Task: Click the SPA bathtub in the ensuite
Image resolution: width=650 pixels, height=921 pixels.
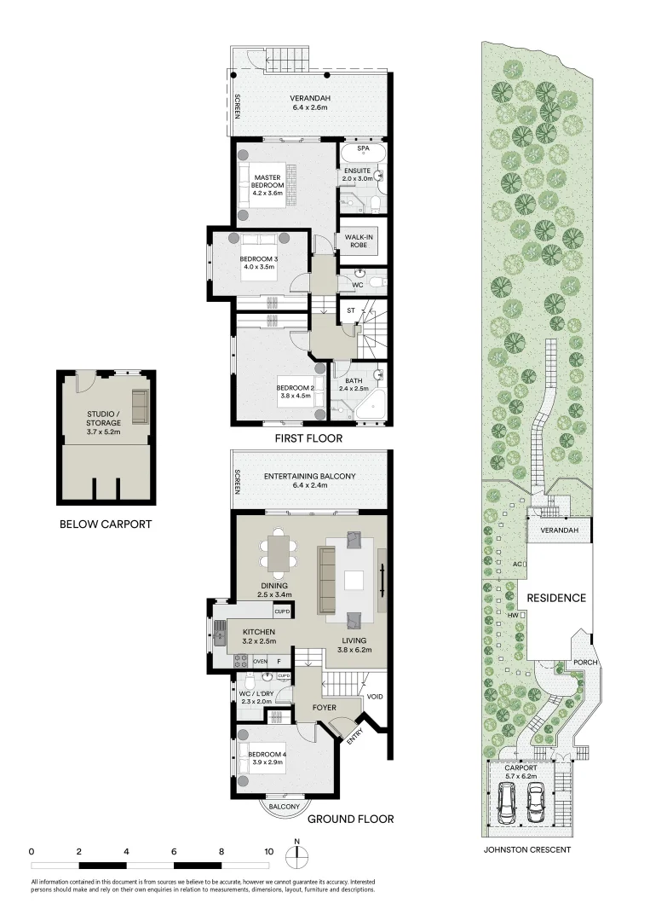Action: [364, 156]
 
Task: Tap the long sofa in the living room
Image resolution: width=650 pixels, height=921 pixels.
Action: [326, 580]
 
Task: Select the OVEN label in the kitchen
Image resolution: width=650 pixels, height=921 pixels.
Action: [260, 662]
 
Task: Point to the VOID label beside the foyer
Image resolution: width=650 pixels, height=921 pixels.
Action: [375, 697]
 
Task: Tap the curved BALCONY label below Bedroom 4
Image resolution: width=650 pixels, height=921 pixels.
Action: [284, 807]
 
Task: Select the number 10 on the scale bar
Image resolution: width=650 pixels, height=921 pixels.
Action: [269, 851]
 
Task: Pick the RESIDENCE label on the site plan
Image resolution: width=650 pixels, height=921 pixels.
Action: [555, 598]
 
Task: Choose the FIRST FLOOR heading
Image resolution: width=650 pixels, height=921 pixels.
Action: [308, 438]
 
